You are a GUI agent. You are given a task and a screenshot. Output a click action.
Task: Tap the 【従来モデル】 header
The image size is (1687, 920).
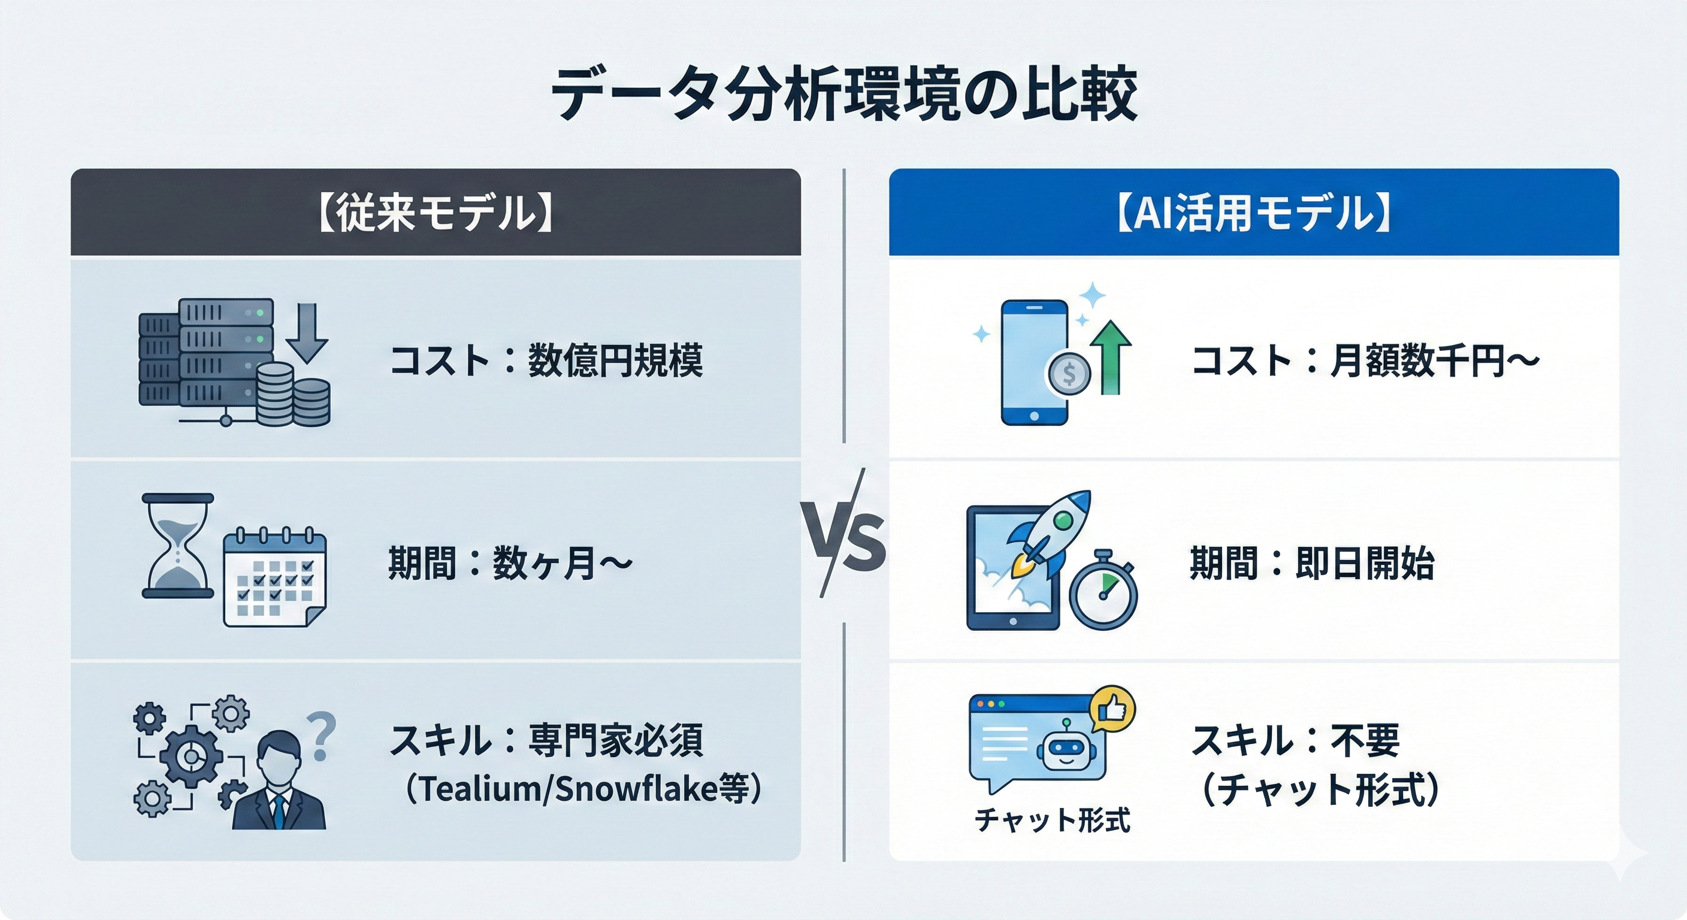436,213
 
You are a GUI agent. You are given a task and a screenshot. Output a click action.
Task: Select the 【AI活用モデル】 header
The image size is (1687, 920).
1253,213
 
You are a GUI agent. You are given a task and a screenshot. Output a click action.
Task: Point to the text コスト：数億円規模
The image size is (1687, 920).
546,360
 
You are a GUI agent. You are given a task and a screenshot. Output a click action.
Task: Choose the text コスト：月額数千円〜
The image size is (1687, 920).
1365,360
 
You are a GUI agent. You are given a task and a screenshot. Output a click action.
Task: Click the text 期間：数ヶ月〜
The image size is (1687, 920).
510,563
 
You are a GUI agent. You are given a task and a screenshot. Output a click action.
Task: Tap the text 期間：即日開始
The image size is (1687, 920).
1312,563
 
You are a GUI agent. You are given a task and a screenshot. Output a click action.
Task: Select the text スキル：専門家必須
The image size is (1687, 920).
546,740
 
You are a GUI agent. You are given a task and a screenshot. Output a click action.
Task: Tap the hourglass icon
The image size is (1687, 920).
177,546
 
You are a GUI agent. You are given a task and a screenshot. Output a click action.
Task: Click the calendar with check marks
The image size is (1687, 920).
274,577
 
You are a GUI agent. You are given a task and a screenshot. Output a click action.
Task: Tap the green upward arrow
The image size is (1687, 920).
1112,358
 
